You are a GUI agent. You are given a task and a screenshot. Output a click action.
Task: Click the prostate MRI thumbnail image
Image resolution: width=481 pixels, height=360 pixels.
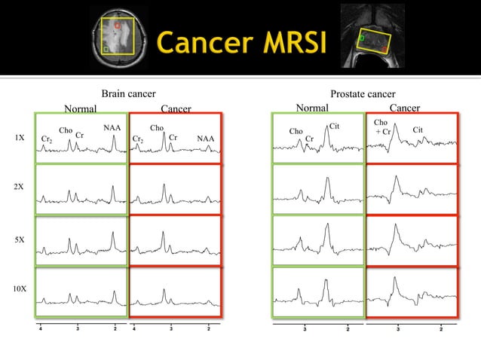point(372,35)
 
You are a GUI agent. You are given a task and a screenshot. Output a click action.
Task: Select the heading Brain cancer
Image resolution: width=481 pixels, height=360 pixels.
point(128,93)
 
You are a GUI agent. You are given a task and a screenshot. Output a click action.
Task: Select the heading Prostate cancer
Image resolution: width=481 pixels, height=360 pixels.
point(363,93)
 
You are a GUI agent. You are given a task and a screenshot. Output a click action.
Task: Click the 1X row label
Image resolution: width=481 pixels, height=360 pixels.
point(19,139)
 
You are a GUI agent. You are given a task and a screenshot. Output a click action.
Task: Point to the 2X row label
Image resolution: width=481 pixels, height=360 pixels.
point(19,185)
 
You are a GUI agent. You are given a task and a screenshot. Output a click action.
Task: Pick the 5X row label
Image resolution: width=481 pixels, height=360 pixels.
point(19,239)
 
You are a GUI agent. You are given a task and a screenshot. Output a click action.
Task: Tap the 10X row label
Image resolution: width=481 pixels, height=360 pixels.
point(20,289)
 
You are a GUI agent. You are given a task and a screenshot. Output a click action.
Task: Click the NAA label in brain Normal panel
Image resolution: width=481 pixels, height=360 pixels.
point(112,128)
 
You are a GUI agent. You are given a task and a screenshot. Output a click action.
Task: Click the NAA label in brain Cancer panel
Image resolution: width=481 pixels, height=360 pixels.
point(205,139)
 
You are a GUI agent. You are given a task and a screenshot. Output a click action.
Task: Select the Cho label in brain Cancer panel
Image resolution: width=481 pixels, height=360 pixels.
point(157,128)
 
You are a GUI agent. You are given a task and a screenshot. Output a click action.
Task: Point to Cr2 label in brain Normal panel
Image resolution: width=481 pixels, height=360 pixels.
point(46,140)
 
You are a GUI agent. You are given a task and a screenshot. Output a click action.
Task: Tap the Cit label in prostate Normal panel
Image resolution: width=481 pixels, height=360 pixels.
point(335,125)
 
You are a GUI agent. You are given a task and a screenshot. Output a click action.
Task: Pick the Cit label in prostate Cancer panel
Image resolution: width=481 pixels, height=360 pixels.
point(418,130)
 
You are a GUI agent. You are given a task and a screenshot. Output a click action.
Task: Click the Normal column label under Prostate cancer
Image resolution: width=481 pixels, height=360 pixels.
point(312,108)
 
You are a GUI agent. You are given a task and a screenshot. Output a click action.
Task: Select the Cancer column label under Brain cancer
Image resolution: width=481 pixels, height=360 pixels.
point(176,108)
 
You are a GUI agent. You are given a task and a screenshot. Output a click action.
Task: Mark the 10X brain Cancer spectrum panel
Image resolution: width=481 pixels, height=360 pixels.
point(176,291)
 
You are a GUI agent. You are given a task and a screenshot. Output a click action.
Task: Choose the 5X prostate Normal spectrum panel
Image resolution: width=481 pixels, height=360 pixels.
point(318,239)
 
